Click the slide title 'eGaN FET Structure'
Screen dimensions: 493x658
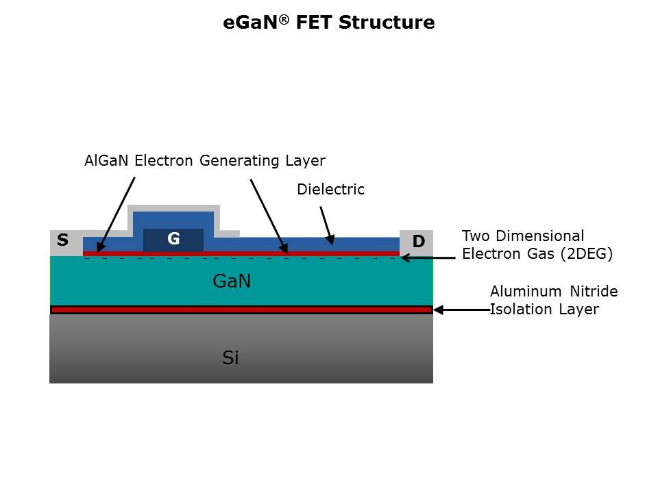tap(329, 23)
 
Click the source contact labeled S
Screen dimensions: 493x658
tap(63, 240)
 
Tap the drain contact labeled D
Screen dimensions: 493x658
tap(418, 241)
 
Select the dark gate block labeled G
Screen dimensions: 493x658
tap(173, 240)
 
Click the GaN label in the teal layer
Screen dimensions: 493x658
tap(232, 281)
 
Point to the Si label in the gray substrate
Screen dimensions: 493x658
tap(231, 357)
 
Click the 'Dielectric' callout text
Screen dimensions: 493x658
tap(330, 190)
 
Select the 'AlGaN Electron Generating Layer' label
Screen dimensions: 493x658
tap(204, 161)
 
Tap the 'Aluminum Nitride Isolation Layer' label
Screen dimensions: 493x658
tap(553, 301)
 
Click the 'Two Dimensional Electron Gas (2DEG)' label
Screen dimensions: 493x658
tap(537, 245)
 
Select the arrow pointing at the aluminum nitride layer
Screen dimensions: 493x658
tap(461, 310)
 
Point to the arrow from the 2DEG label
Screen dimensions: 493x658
tap(428, 258)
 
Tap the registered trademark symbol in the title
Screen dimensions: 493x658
tap(283, 18)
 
